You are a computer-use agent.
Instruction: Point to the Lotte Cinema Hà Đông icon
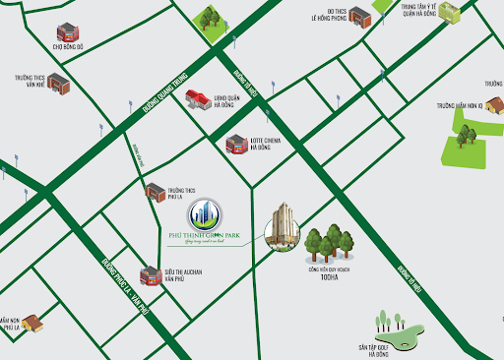(x=237, y=145)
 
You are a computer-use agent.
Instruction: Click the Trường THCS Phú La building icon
(x=156, y=191)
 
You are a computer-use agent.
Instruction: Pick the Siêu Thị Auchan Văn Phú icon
(x=150, y=276)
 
